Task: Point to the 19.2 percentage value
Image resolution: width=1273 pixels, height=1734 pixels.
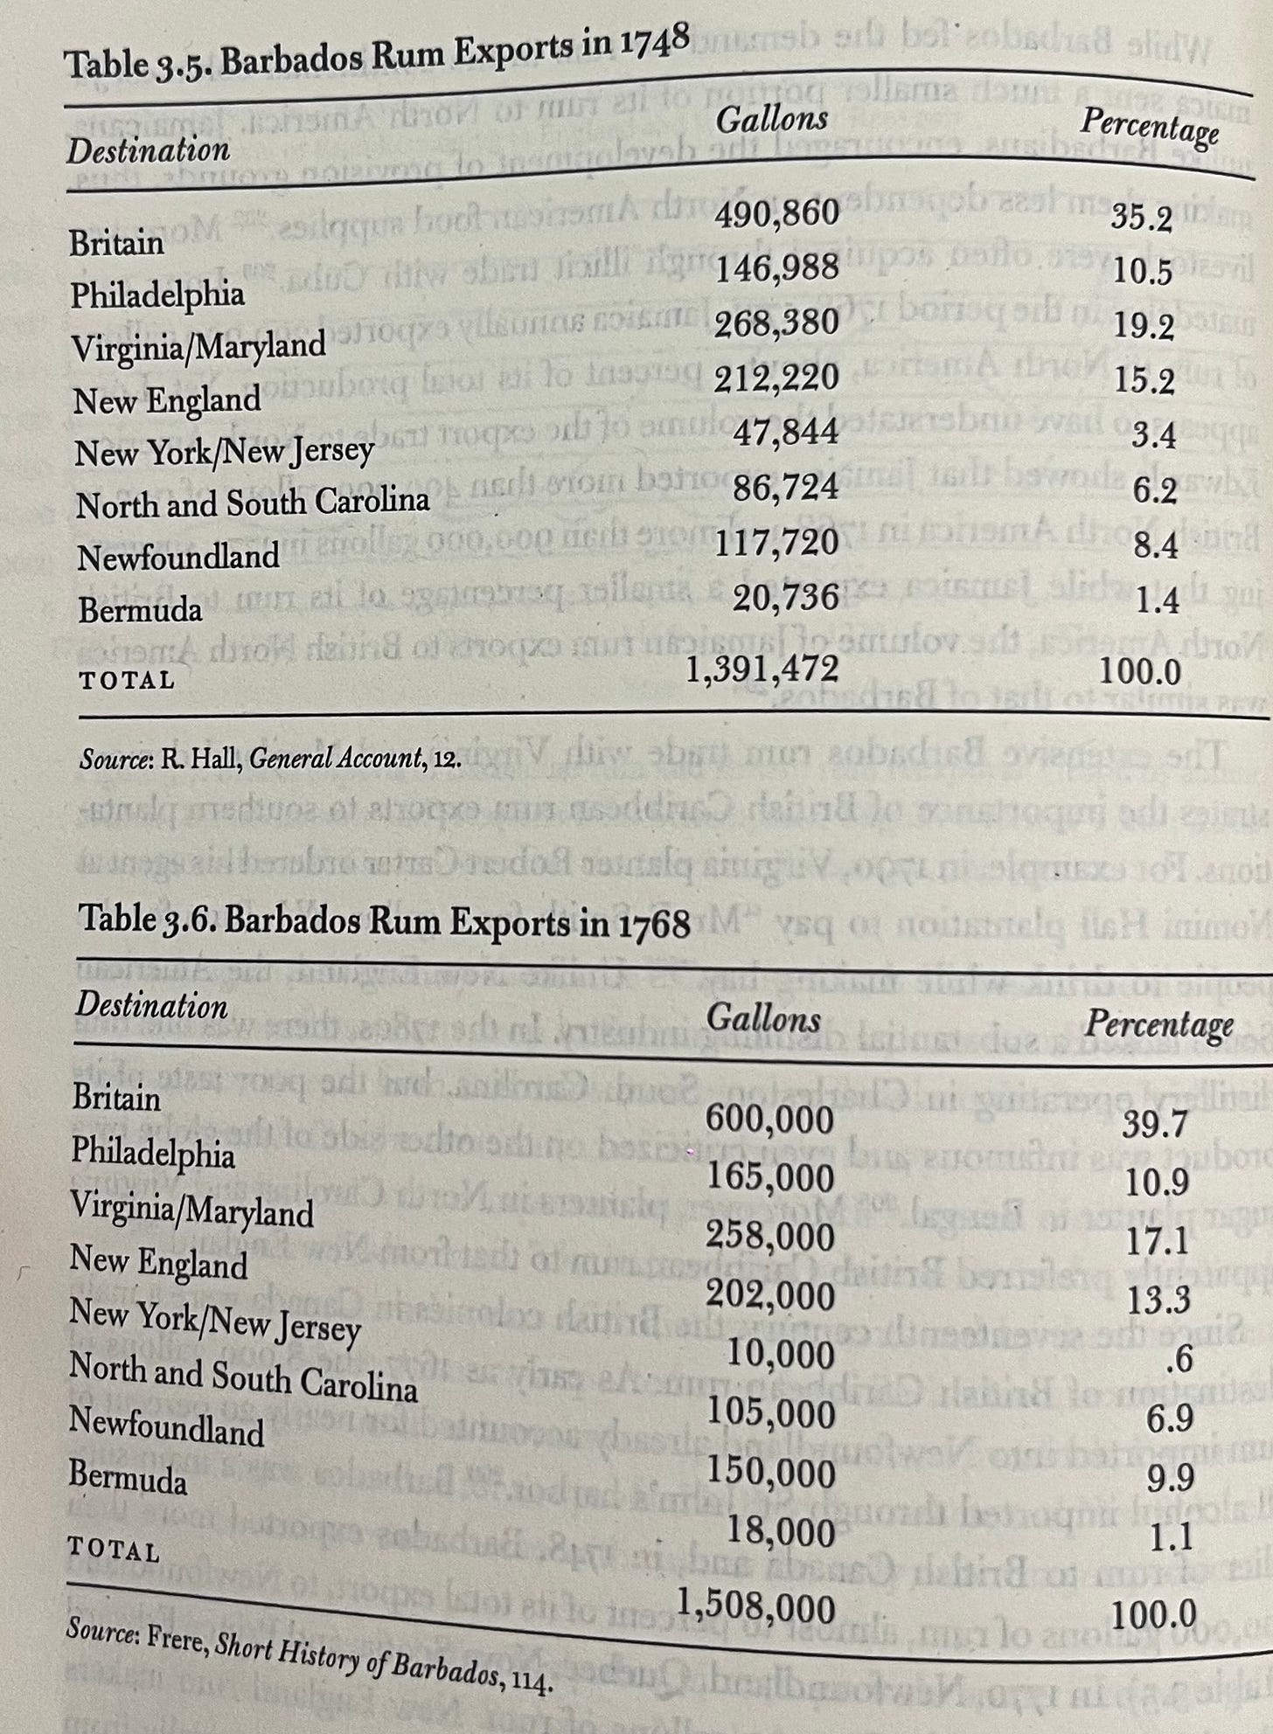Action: (1143, 328)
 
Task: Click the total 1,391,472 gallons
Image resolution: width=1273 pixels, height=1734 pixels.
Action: (762, 669)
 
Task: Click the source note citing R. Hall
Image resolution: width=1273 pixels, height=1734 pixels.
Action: (269, 759)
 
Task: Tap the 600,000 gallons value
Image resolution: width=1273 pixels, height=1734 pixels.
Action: (769, 1120)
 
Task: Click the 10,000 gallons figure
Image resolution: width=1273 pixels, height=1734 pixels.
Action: (780, 1356)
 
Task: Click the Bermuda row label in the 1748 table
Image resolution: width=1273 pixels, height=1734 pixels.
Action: (140, 610)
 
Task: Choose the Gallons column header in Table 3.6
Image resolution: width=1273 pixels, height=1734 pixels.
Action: (763, 1019)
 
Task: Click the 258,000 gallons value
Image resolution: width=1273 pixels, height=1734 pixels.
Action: (769, 1238)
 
